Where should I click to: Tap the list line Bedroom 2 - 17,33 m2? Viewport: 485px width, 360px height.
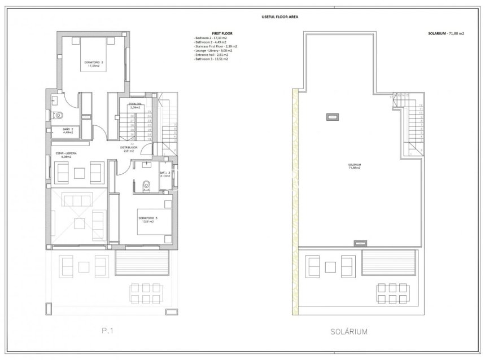(210, 38)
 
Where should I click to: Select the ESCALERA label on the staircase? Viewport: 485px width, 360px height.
(135, 104)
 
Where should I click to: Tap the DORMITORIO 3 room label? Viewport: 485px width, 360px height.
(147, 218)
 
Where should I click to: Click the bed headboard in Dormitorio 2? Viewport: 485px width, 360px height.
(94, 37)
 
